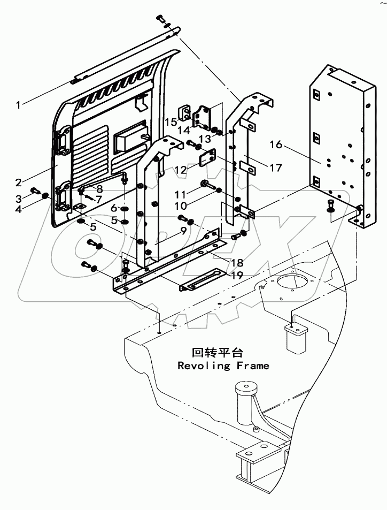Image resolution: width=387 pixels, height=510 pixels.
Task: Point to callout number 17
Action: click(x=275, y=168)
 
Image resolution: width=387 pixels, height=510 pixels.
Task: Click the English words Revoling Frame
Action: click(x=223, y=366)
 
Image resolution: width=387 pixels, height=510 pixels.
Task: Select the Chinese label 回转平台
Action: click(x=217, y=353)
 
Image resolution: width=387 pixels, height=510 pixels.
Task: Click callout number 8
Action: click(x=99, y=188)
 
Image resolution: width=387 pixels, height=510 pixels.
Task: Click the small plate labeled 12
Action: click(x=207, y=159)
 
